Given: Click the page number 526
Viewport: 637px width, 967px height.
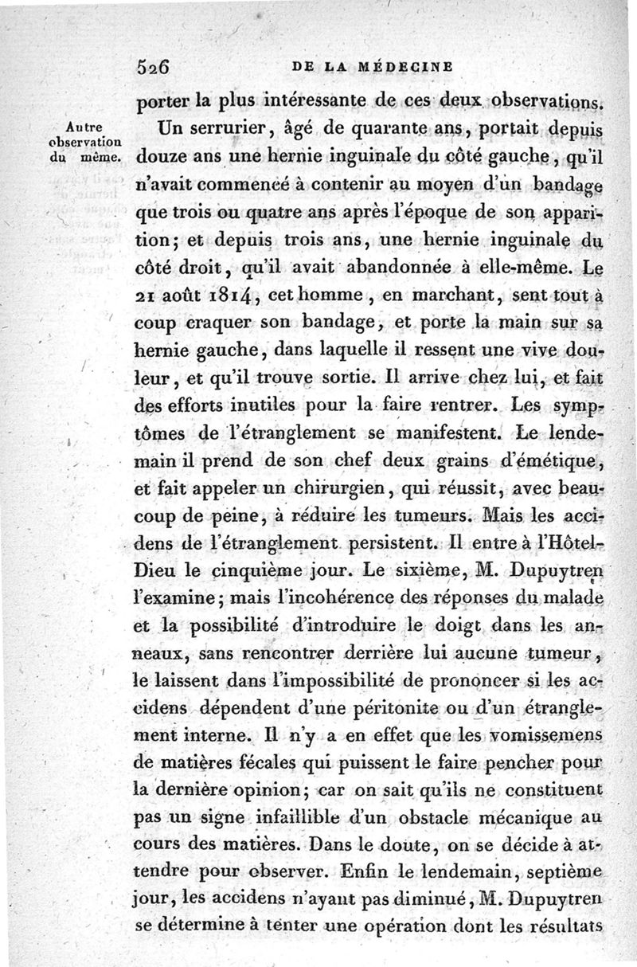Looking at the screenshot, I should pos(153,69).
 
